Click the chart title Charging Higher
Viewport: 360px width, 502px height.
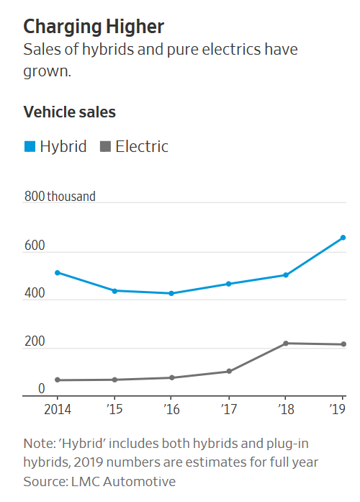(x=94, y=27)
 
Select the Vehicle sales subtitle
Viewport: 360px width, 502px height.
(x=70, y=112)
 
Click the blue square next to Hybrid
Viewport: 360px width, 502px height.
(x=30, y=147)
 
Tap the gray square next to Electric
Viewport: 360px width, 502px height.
(x=105, y=147)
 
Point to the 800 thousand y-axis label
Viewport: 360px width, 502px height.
(x=59, y=196)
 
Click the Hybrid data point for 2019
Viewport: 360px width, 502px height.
(x=343, y=237)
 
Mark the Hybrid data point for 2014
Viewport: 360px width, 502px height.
(x=57, y=272)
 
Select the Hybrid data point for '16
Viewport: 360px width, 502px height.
(x=171, y=293)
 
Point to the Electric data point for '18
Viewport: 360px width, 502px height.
(x=286, y=343)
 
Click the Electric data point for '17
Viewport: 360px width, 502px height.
(x=228, y=371)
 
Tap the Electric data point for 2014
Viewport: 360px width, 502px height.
(x=57, y=380)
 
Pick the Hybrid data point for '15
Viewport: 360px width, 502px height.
(x=114, y=290)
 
